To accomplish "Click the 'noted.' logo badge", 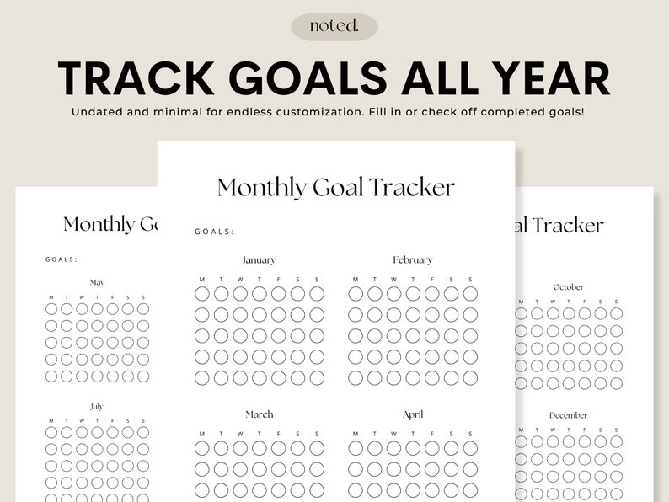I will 334,26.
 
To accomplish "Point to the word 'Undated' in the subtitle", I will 99,112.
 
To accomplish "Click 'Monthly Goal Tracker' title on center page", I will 335,187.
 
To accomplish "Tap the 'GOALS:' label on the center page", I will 215,232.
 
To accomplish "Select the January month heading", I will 259,260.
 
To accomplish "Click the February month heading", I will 412,260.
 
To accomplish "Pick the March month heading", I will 259,414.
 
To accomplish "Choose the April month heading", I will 412,414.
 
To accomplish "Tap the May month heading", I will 97,282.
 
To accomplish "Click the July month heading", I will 97,406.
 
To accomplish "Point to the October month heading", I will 568,287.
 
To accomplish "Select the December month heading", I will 568,415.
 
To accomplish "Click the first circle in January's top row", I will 202,293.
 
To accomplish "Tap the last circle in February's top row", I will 470,293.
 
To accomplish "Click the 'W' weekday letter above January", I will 240,279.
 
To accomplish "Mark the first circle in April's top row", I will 356,448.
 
